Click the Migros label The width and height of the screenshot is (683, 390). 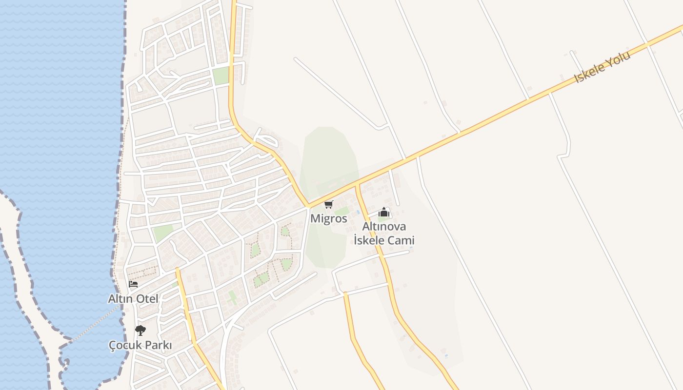[x=329, y=218]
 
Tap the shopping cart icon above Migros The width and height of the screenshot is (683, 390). [x=329, y=204]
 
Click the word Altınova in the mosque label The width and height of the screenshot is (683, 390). [x=384, y=227]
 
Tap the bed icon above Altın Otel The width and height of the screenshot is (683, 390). [x=133, y=284]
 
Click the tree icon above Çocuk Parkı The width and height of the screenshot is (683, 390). [x=141, y=331]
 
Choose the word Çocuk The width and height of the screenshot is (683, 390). [x=124, y=345]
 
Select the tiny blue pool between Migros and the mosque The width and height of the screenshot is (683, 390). [x=359, y=212]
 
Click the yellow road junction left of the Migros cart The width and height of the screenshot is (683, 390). [x=309, y=207]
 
